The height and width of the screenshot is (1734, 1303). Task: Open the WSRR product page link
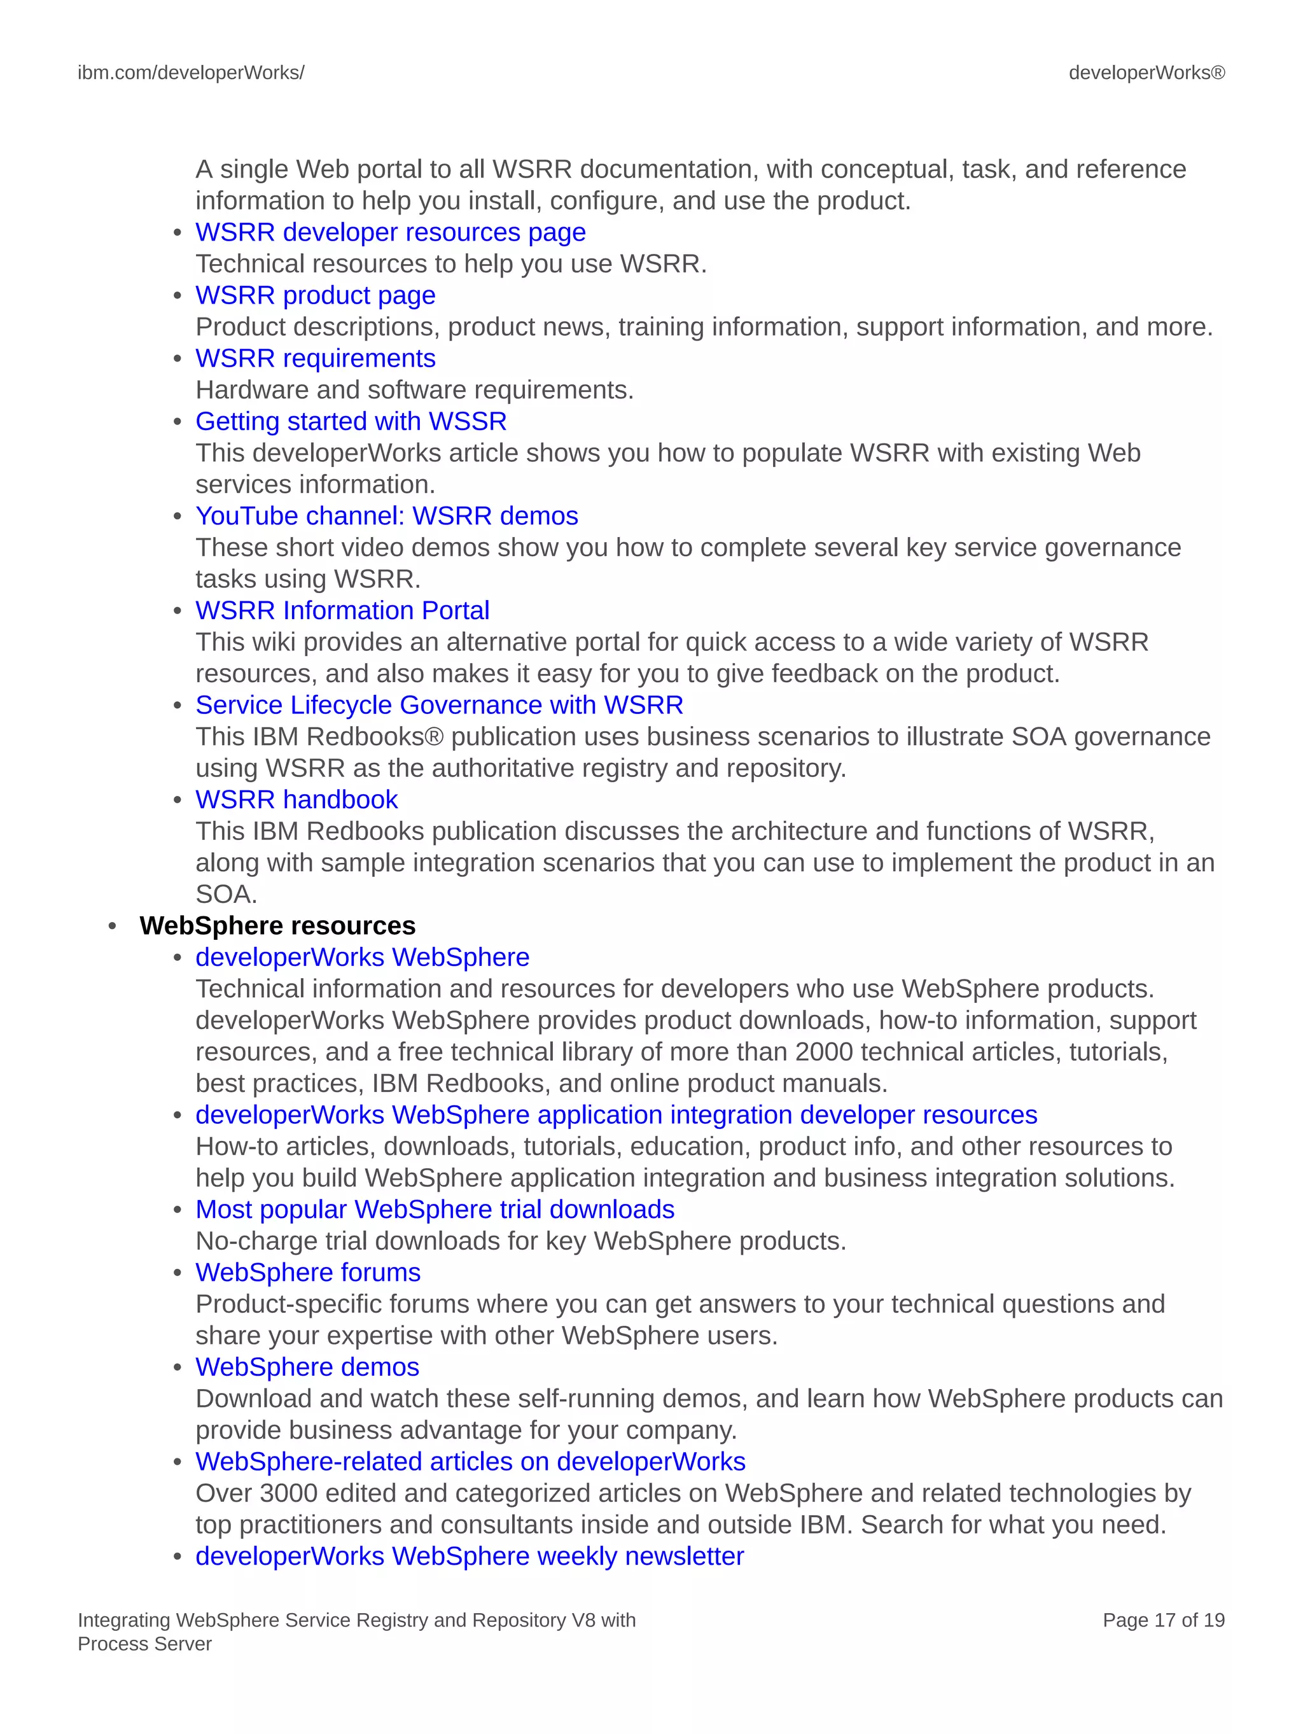point(315,295)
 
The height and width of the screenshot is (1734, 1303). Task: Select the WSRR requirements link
point(315,358)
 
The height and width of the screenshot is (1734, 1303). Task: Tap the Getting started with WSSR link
point(351,422)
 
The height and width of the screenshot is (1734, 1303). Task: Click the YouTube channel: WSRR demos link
point(386,516)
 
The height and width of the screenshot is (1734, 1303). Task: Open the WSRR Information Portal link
point(342,611)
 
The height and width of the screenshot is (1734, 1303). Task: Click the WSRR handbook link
point(296,800)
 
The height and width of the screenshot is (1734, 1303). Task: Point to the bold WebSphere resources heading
point(277,926)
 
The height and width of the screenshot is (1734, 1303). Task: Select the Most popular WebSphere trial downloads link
point(435,1210)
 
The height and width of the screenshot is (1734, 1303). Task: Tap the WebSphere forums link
point(307,1272)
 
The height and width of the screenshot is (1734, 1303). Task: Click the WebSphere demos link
point(307,1367)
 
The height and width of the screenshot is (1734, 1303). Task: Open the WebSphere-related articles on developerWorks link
point(470,1461)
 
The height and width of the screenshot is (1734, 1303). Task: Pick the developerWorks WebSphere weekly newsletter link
point(469,1556)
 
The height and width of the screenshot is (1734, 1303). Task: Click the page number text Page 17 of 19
point(1162,1620)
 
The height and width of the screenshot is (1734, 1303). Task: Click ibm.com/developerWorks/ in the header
point(190,73)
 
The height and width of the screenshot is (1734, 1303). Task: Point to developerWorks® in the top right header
point(1146,73)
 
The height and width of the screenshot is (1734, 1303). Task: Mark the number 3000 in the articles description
point(288,1493)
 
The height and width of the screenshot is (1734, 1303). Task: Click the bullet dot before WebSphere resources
point(113,926)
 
